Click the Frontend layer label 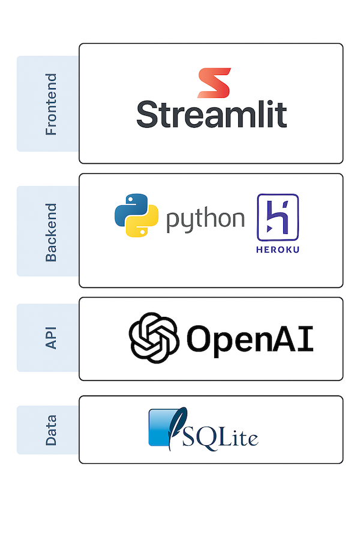pyautogui.click(x=51, y=104)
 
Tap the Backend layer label pyautogui.click(x=51, y=232)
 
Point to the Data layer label pyautogui.click(x=51, y=430)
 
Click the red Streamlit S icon pyautogui.click(x=214, y=83)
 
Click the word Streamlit pyautogui.click(x=211, y=115)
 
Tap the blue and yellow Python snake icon pyautogui.click(x=136, y=215)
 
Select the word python pyautogui.click(x=205, y=220)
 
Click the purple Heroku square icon pyautogui.click(x=278, y=217)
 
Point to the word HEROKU pyautogui.click(x=278, y=249)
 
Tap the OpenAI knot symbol pyautogui.click(x=154, y=338)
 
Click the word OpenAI pyautogui.click(x=250, y=338)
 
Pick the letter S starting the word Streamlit pyautogui.click(x=148, y=114)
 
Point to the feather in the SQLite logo pyautogui.click(x=178, y=423)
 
